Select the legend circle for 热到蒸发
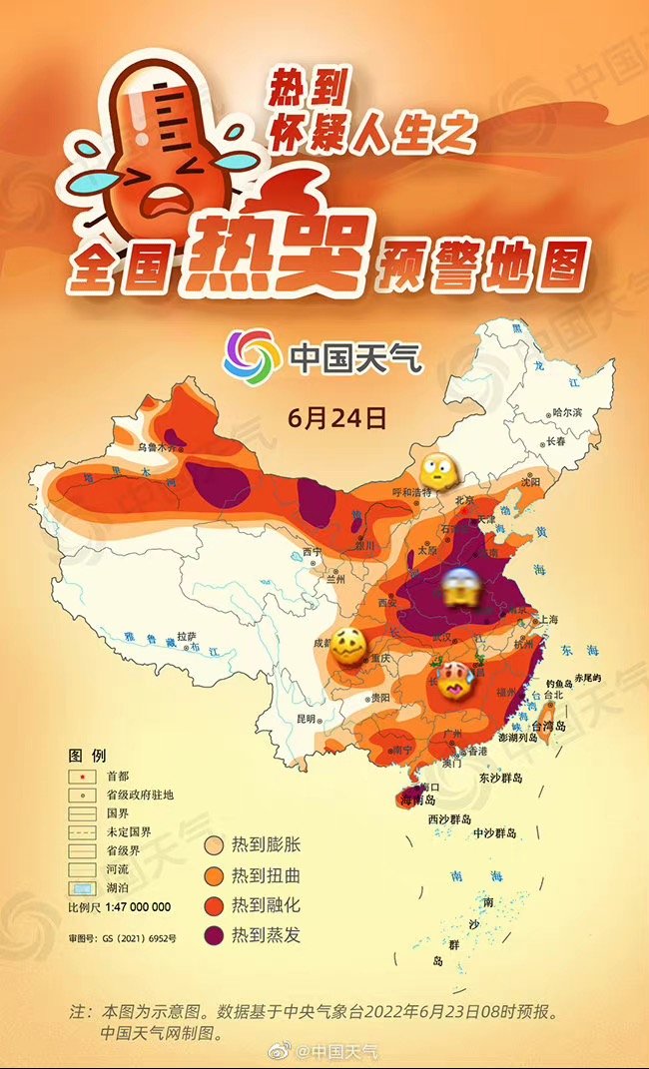pos(214,935)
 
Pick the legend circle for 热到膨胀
pos(214,845)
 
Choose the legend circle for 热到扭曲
pos(214,875)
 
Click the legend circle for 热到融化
pos(214,905)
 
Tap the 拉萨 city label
pos(186,635)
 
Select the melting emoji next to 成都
pos(349,648)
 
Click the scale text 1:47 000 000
pos(120,907)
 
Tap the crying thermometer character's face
pos(150,185)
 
